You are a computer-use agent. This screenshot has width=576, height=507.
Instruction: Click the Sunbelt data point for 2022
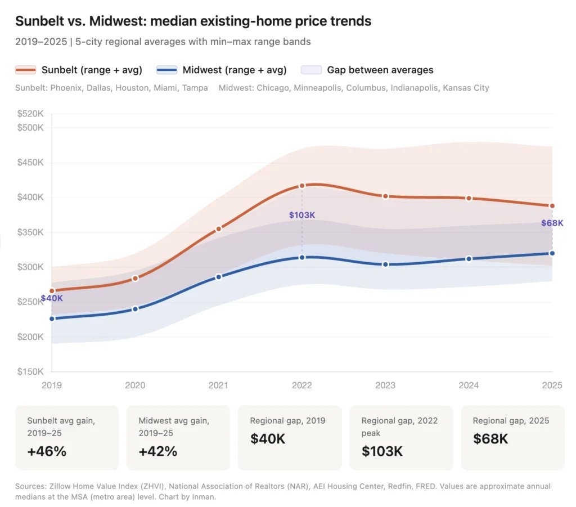pyautogui.click(x=302, y=186)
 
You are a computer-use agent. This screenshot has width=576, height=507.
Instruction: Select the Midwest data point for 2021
pyautogui.click(x=218, y=277)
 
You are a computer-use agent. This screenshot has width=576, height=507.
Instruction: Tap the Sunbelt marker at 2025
pyautogui.click(x=552, y=206)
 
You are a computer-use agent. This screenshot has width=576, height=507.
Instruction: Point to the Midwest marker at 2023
pyautogui.click(x=385, y=264)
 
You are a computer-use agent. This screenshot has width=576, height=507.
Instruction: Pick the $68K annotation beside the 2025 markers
pyautogui.click(x=552, y=223)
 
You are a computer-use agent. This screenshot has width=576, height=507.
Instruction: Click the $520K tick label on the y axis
pyautogui.click(x=30, y=114)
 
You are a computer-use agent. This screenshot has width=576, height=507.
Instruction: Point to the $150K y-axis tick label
pyautogui.click(x=30, y=372)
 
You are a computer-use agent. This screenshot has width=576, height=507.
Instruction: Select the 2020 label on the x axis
pyautogui.click(x=135, y=385)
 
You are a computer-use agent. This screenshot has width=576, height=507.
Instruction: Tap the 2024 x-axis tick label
pyautogui.click(x=469, y=385)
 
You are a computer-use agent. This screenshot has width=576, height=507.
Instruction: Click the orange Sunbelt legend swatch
pyautogui.click(x=25, y=70)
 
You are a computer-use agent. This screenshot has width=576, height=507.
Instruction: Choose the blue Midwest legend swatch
pyautogui.click(x=166, y=70)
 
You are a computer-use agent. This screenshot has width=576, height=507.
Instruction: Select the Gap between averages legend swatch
pyautogui.click(x=312, y=70)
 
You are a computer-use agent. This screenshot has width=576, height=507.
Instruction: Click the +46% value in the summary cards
pyautogui.click(x=47, y=451)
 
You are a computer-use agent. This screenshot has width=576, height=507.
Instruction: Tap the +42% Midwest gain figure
pyautogui.click(x=158, y=451)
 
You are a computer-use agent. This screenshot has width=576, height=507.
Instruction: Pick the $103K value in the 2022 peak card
pyautogui.click(x=382, y=451)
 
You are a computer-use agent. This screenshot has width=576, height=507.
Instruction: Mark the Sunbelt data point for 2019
pyautogui.click(x=52, y=291)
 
